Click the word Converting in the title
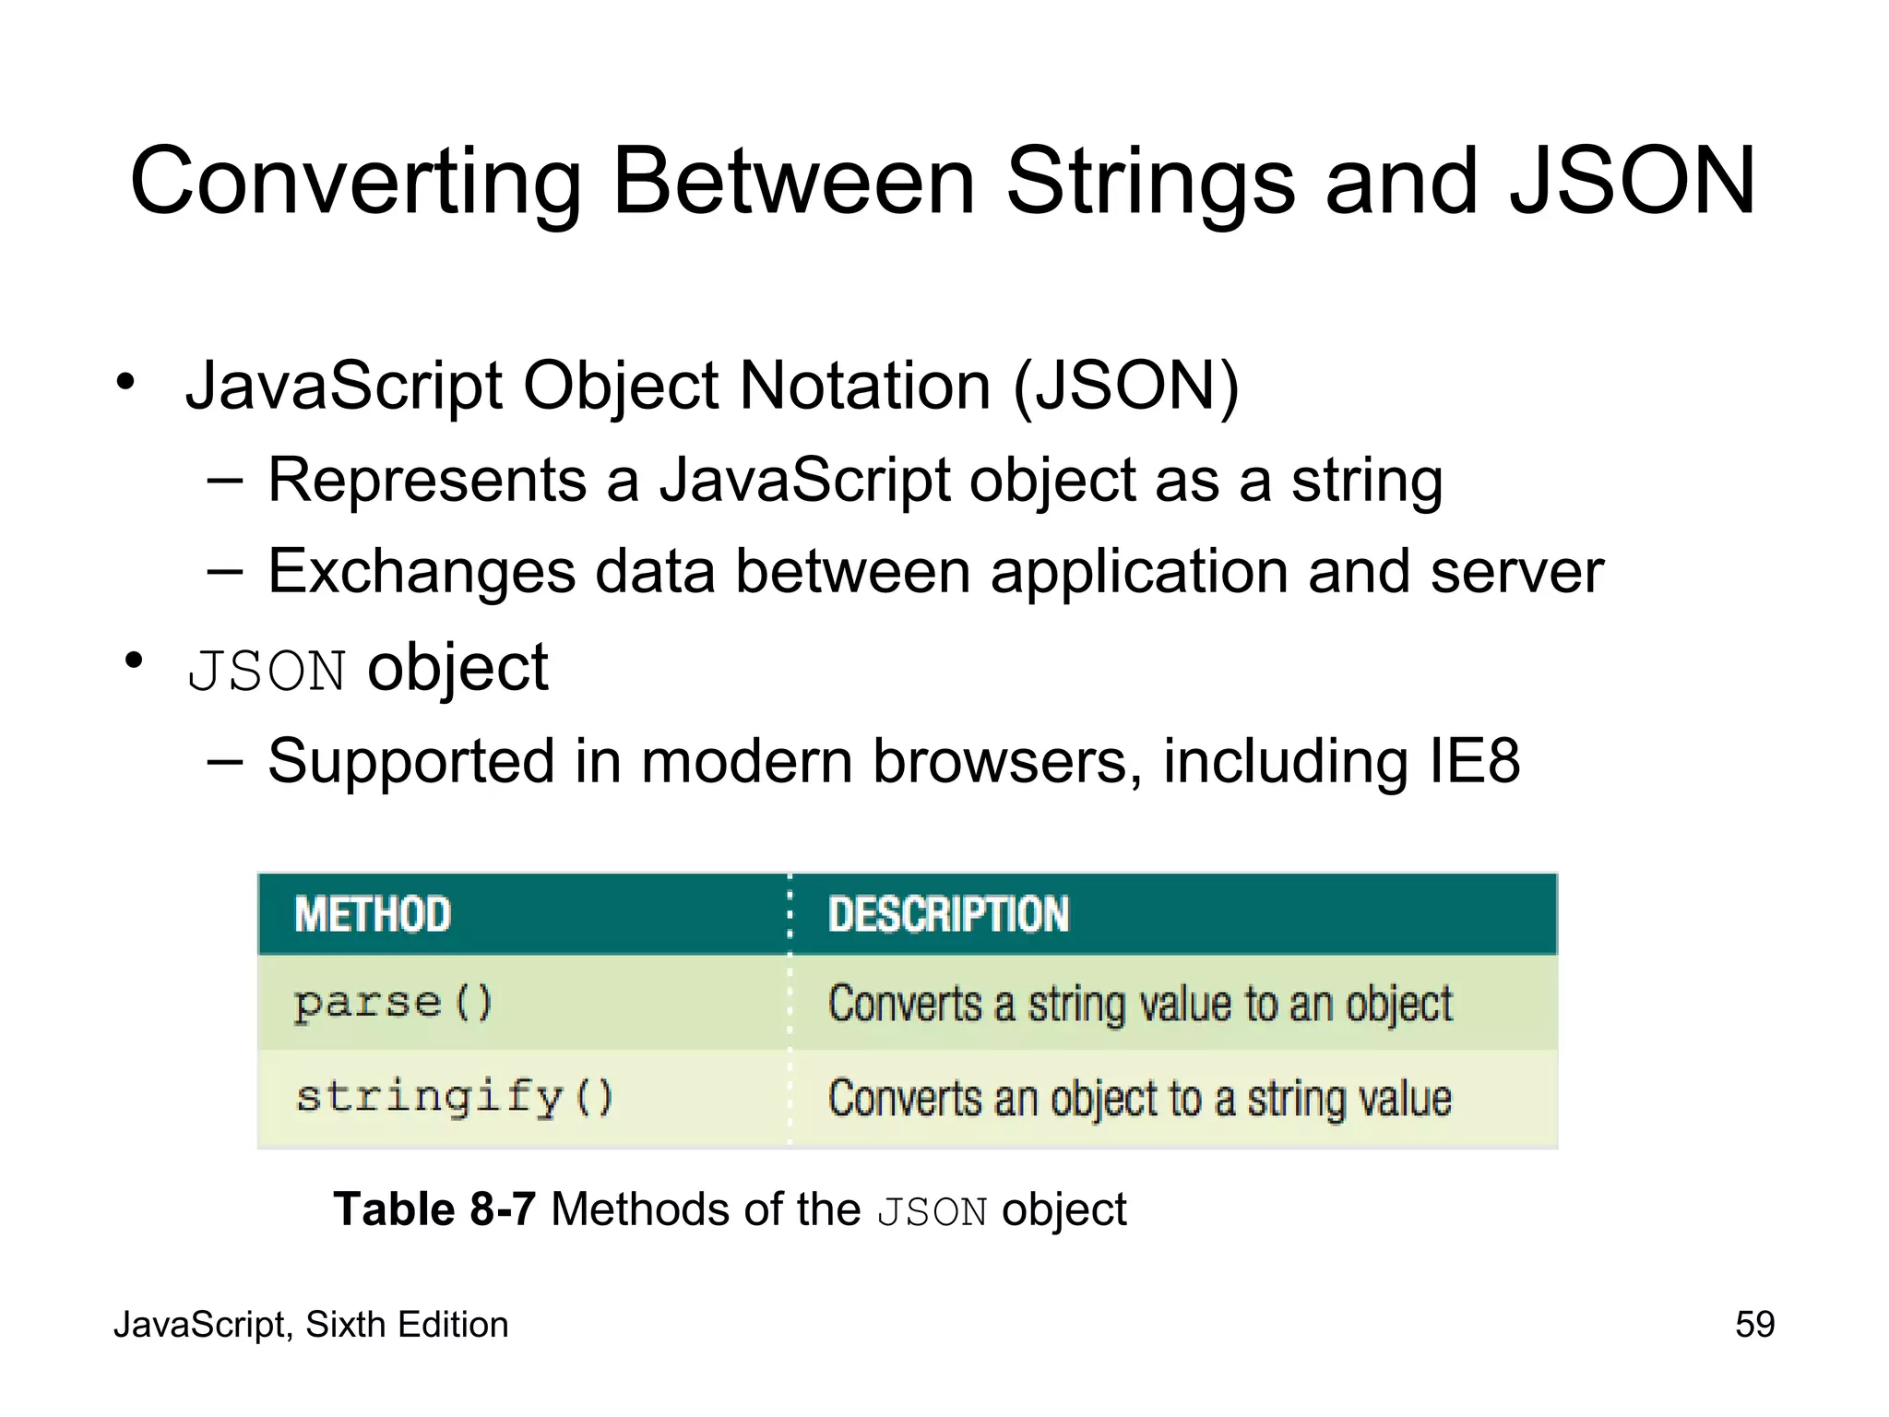(355, 182)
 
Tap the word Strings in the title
(1152, 182)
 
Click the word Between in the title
(793, 182)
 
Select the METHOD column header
(373, 915)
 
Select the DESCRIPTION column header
(948, 915)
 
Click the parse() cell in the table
(394, 1003)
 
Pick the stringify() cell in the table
(454, 1098)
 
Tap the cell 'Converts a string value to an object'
(1140, 1004)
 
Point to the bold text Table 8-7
(434, 1209)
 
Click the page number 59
(1754, 1325)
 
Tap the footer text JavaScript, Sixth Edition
(311, 1325)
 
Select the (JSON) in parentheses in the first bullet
(1126, 386)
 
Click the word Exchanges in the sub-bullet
(422, 572)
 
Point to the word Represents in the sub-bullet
(427, 481)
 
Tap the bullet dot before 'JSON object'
(135, 661)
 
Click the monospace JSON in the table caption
(932, 1211)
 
